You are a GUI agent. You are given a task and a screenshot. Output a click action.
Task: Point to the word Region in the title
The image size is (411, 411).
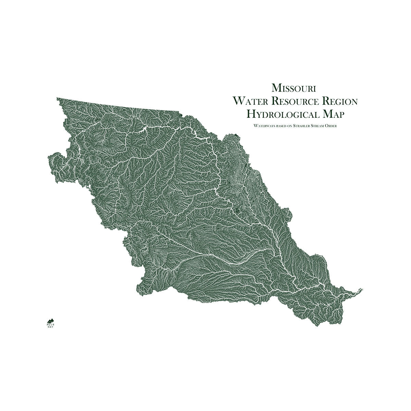(x=341, y=101)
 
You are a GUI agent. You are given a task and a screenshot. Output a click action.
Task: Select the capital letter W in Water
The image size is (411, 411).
(x=237, y=101)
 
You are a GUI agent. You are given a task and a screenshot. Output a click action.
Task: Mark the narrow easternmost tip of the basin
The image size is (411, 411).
(x=361, y=289)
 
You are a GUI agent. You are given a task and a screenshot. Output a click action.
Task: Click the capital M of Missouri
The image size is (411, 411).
(x=276, y=88)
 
